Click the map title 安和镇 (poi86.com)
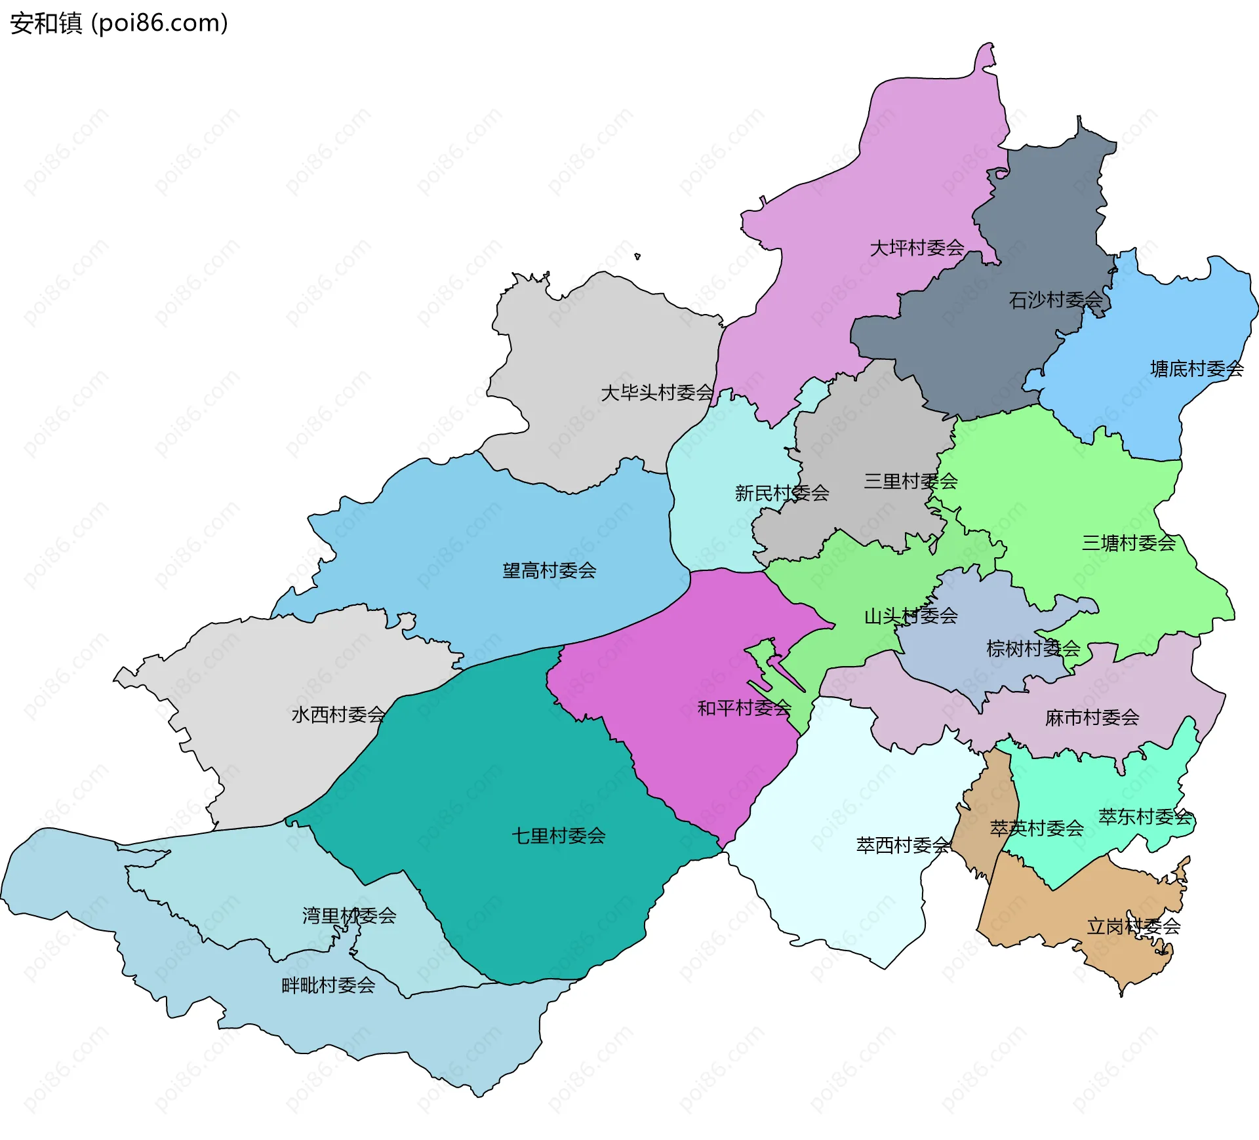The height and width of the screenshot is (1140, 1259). (119, 23)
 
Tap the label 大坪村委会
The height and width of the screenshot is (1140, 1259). (916, 248)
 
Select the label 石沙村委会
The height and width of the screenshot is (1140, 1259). (1055, 300)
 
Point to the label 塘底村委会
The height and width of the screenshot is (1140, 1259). (1197, 369)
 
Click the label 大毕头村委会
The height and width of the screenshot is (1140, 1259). (657, 393)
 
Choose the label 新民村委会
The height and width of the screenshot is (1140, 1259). (782, 493)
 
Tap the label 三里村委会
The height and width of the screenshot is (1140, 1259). (910, 481)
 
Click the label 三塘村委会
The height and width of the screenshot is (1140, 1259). (1129, 543)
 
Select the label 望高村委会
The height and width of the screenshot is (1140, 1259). (549, 570)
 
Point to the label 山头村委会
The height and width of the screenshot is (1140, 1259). (911, 616)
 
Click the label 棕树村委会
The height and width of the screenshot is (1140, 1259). (1033, 649)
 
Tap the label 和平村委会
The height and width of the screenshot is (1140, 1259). (744, 708)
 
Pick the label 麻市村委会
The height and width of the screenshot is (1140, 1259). (1092, 718)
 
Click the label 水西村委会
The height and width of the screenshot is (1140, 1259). (338, 715)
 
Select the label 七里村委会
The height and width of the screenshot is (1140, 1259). (558, 836)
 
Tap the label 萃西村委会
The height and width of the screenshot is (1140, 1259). (903, 846)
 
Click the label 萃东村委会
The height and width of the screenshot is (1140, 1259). (1145, 817)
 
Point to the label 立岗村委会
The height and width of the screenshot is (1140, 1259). (1133, 926)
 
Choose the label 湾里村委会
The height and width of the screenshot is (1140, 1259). (349, 916)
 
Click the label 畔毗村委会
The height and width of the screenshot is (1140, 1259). (328, 985)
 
